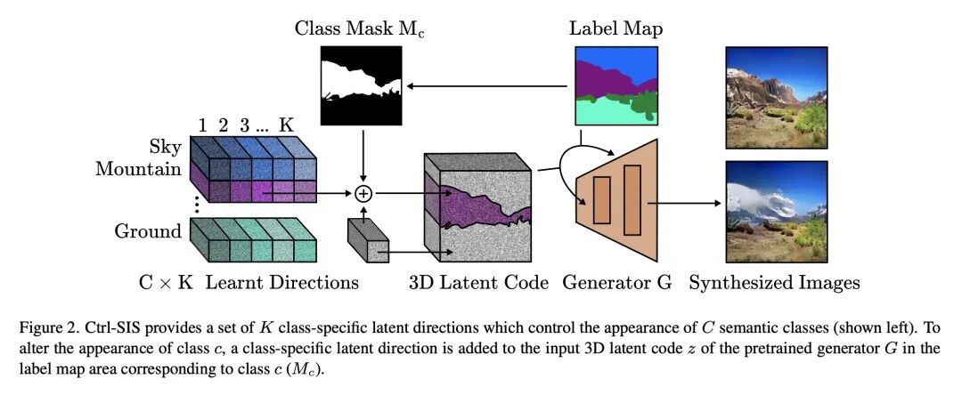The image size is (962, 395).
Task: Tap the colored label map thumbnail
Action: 616,86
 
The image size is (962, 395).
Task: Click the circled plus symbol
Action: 363,193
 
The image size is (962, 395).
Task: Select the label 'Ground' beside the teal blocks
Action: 147,231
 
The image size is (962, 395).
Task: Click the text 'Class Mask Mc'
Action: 361,28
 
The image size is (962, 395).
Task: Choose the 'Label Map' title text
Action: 616,28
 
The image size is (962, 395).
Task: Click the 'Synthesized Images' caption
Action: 773,283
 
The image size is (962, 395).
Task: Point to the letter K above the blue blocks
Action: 286,125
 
